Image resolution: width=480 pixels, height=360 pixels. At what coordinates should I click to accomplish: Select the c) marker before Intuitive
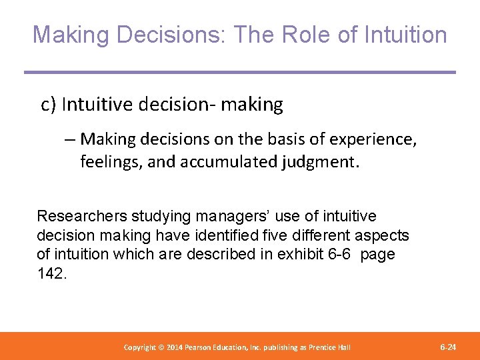[x=48, y=105]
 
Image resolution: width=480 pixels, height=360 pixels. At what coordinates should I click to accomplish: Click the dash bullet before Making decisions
[x=70, y=139]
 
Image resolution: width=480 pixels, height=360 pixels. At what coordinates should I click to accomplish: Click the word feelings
[x=108, y=161]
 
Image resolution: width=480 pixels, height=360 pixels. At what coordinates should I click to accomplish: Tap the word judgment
[x=323, y=161]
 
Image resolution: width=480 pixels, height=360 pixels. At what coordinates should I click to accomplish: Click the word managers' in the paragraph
[x=224, y=216]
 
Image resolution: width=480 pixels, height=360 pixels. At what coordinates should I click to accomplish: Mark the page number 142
[x=51, y=273]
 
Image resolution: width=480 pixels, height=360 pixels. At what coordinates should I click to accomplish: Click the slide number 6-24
[x=448, y=347]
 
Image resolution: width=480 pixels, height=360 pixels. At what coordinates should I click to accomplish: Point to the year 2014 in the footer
[x=172, y=347]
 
